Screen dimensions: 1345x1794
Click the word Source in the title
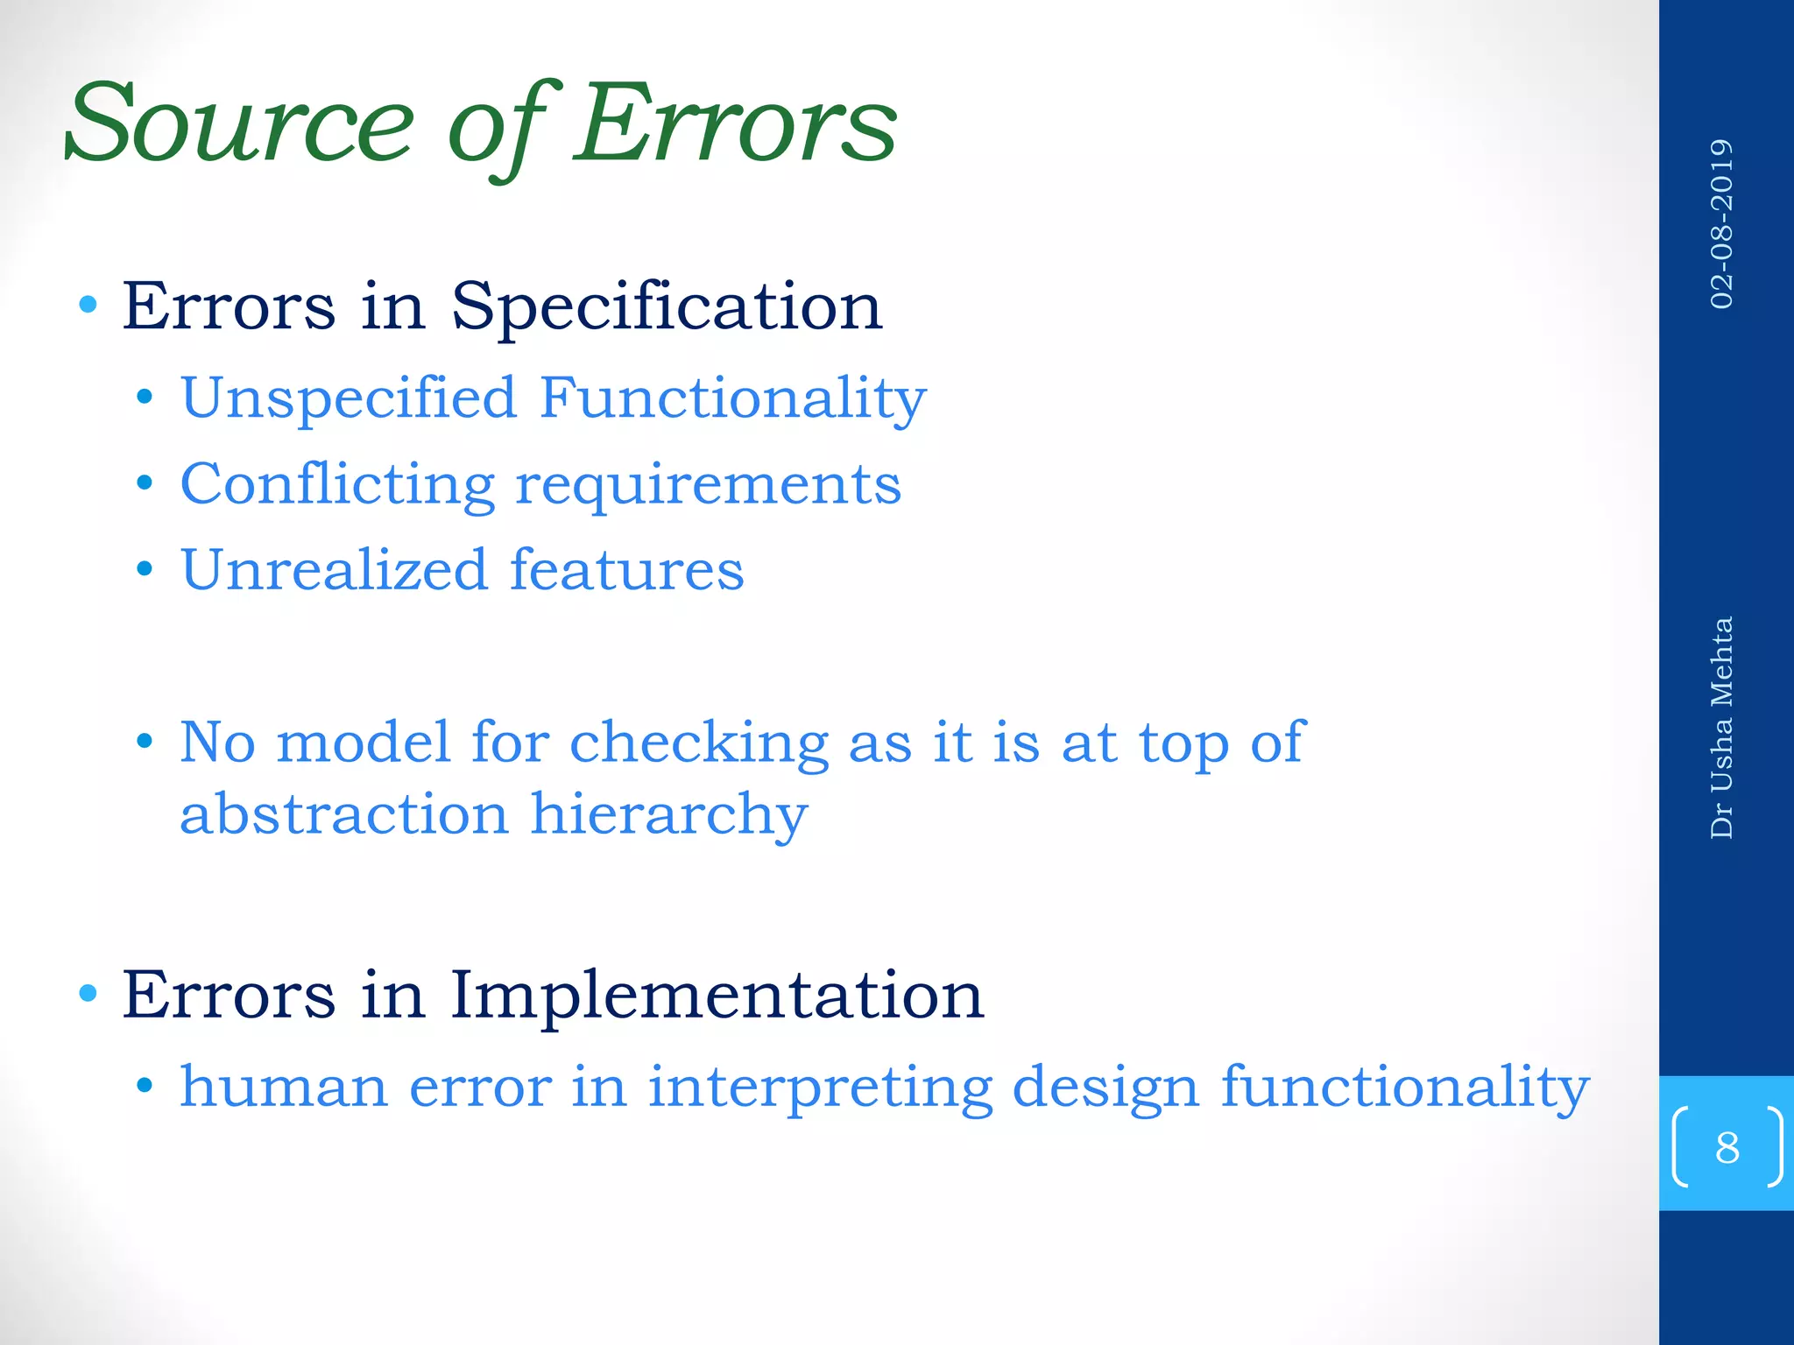click(238, 124)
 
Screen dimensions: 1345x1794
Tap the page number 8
click(1727, 1147)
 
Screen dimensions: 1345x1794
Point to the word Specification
click(667, 308)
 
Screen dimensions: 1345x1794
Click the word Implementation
click(717, 996)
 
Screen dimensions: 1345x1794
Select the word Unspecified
click(348, 398)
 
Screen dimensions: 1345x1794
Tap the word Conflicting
click(337, 485)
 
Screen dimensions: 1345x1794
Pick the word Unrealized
click(333, 570)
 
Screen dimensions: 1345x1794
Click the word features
click(627, 570)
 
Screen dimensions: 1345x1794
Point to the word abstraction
click(344, 814)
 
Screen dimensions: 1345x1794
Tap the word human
click(284, 1088)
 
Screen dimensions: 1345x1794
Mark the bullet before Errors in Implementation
click(87, 993)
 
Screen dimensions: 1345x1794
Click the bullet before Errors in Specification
click(87, 305)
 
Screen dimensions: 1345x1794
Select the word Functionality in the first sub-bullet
click(732, 398)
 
